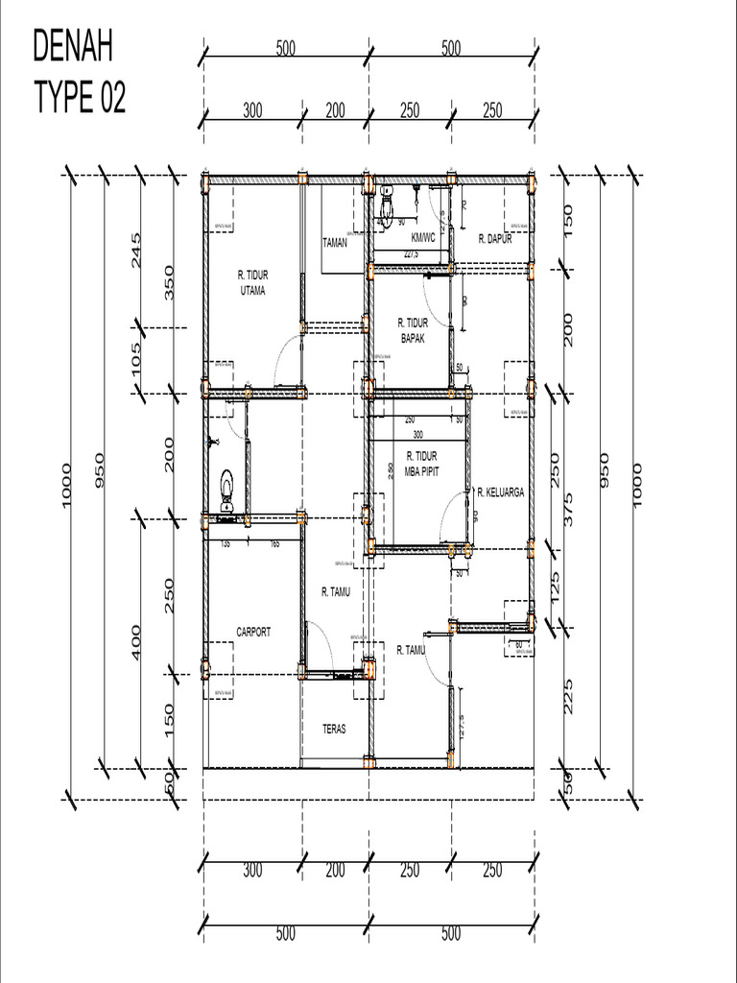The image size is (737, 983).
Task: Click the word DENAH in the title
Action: coord(74,45)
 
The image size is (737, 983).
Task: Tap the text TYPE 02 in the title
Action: coord(80,97)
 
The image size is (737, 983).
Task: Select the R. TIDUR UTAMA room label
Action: coord(252,283)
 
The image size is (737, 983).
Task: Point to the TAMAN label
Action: coord(334,243)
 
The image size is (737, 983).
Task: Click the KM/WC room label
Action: coord(423,237)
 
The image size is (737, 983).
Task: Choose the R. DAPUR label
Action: coord(494,239)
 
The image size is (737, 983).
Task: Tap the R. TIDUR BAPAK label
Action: coord(413,330)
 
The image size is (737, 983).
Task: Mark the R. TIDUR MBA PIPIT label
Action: coord(422,463)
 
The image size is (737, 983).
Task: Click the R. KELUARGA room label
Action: coord(500,491)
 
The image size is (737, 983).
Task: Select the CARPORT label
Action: coord(253,632)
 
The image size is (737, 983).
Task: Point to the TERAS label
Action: coord(334,730)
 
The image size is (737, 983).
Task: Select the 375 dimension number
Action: coord(569,505)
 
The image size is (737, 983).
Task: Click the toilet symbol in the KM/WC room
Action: coord(386,204)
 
